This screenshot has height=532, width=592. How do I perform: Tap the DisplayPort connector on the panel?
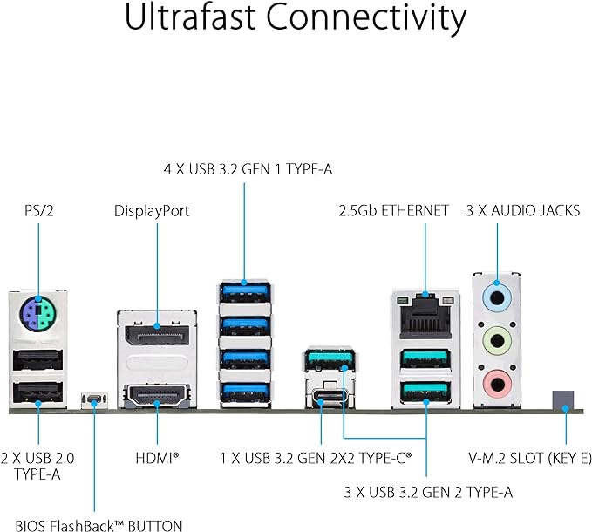click(x=158, y=336)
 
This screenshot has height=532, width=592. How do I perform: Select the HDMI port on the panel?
click(x=158, y=399)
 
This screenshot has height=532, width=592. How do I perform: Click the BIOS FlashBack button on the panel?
click(x=93, y=401)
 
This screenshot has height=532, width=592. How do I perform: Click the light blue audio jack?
click(x=497, y=297)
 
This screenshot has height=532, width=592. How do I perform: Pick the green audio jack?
click(x=497, y=338)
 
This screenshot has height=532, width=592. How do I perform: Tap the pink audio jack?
click(x=497, y=379)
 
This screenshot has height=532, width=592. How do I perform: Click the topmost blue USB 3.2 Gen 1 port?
click(x=244, y=288)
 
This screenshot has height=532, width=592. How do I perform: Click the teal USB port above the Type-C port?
click(x=330, y=358)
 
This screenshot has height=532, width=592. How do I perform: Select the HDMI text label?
click(x=157, y=456)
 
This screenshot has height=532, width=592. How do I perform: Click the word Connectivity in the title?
click(x=384, y=18)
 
